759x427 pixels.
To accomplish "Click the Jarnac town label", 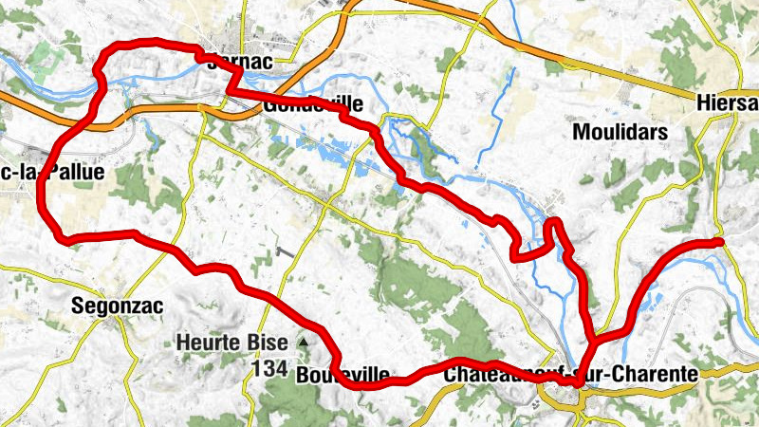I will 239,62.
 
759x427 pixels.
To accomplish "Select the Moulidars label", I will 620,132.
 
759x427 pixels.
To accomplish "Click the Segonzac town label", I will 118,306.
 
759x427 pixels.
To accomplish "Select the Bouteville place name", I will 342,375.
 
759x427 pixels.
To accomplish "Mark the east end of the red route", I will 721,242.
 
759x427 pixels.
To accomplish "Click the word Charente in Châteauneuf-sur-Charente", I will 657,374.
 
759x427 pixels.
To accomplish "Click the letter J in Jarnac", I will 211,62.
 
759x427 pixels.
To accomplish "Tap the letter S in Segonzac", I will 78,306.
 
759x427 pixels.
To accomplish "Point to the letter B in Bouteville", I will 303,375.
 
